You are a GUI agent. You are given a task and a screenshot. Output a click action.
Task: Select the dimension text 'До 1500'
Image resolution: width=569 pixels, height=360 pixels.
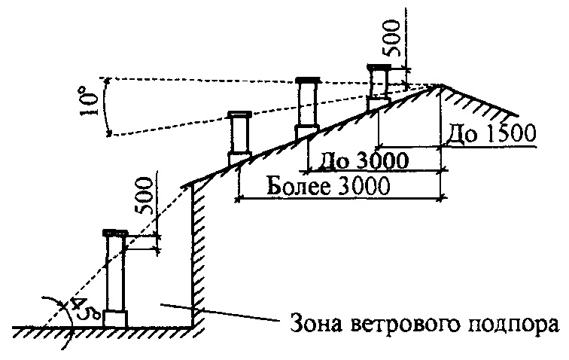point(490,134)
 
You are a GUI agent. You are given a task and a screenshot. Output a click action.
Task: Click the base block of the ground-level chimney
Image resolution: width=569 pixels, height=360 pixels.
point(116,319)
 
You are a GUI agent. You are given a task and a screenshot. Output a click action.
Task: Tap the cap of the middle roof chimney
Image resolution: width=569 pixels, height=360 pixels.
point(308,80)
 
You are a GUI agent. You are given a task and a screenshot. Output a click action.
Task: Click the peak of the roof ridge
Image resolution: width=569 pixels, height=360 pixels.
point(440,85)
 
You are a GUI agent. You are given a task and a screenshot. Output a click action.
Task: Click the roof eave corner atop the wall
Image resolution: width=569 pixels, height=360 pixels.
point(186,183)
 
